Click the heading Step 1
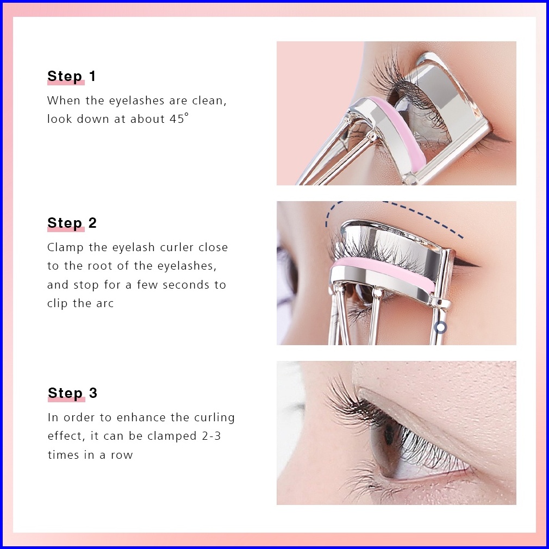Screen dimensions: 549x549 (x=71, y=76)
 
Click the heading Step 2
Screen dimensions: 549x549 (x=72, y=223)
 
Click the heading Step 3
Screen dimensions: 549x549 (x=72, y=393)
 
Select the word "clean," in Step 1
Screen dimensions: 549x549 (x=209, y=101)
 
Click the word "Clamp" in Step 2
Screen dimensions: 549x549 (x=65, y=247)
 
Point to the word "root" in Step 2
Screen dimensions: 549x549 (x=101, y=266)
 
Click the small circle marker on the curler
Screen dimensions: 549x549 (x=440, y=327)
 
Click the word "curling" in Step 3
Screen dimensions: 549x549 (x=214, y=417)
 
